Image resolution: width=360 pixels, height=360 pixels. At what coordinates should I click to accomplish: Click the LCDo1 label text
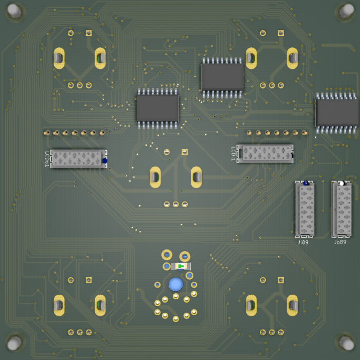[47, 159]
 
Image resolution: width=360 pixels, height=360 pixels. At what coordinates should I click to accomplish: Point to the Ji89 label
[303, 242]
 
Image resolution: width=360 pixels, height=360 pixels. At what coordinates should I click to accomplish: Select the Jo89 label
[340, 242]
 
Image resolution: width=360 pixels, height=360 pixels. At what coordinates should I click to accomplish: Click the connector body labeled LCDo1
[78, 159]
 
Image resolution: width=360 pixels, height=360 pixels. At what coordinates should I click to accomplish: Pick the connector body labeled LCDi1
[265, 153]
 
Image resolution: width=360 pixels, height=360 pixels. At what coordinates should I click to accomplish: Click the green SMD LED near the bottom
[180, 266]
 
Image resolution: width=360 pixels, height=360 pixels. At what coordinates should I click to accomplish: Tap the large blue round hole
[176, 284]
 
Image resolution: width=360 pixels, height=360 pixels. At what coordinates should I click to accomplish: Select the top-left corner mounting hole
[14, 11]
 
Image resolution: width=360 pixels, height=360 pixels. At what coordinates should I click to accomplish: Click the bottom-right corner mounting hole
[346, 342]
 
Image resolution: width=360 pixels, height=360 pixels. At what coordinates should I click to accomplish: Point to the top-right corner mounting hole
[346, 11]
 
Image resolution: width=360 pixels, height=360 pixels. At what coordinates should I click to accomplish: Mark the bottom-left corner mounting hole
[14, 342]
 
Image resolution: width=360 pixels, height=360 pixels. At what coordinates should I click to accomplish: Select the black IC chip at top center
[222, 77]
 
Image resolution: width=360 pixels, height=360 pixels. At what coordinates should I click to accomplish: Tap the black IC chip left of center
[157, 108]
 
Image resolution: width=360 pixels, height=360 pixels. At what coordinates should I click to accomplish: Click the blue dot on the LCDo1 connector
[104, 161]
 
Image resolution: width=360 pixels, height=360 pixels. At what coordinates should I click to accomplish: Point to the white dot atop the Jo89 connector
[341, 183]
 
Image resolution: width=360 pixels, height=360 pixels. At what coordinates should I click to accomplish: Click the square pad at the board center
[185, 152]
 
